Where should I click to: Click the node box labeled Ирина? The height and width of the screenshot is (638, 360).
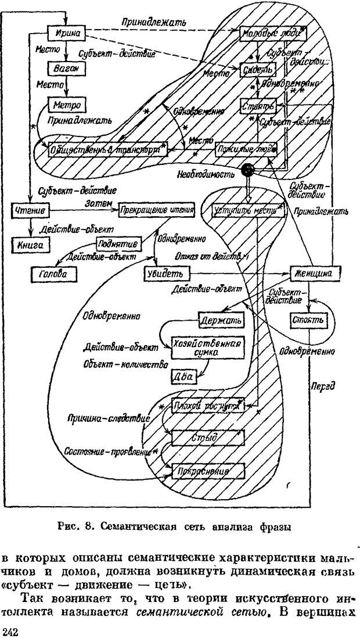(67, 32)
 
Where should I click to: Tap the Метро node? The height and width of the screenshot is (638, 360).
(66, 105)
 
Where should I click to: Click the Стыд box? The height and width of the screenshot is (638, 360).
(207, 438)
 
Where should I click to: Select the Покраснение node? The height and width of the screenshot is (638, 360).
(207, 469)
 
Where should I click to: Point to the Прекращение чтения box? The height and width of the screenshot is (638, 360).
(156, 209)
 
